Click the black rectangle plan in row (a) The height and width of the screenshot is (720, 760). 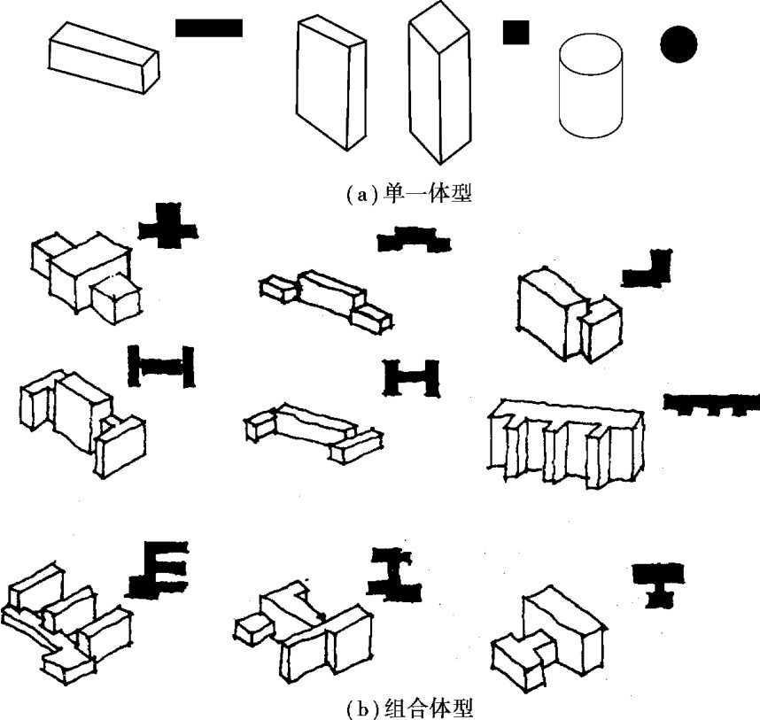point(208,27)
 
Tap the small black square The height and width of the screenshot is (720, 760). point(516,32)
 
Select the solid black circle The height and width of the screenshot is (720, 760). point(678,44)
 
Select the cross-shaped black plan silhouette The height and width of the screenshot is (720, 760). point(167,227)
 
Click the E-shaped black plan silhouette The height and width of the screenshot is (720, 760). point(161,568)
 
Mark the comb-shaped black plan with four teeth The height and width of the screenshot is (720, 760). point(711,403)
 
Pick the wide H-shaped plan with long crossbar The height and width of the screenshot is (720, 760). point(160,365)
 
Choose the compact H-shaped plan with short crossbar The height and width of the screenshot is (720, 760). point(410,376)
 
